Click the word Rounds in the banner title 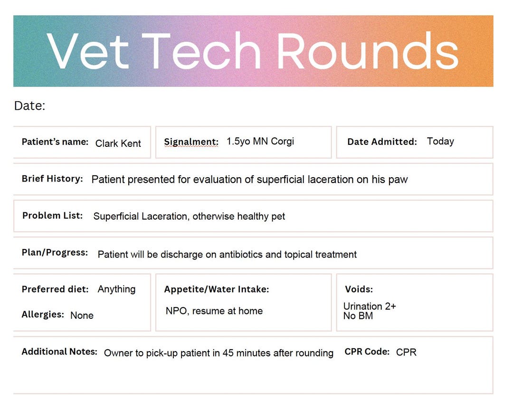pyautogui.click(x=367, y=51)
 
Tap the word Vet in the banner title pyautogui.click(x=88, y=51)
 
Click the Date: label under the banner pyautogui.click(x=29, y=105)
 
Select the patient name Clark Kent pyautogui.click(x=118, y=144)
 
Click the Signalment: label pyautogui.click(x=191, y=142)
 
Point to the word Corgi pyautogui.click(x=282, y=141)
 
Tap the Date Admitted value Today pyautogui.click(x=440, y=141)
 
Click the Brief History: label pyautogui.click(x=52, y=179)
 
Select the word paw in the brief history pyautogui.click(x=398, y=180)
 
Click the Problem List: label pyautogui.click(x=52, y=215)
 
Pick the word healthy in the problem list pyautogui.click(x=252, y=216)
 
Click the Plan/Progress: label pyautogui.click(x=55, y=252)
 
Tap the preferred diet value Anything pyautogui.click(x=116, y=289)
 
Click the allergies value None pyautogui.click(x=82, y=315)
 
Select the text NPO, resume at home pyautogui.click(x=214, y=311)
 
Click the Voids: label pyautogui.click(x=359, y=289)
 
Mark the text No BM pyautogui.click(x=358, y=316)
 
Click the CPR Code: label pyautogui.click(x=367, y=352)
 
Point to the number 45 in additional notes pyautogui.click(x=228, y=353)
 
